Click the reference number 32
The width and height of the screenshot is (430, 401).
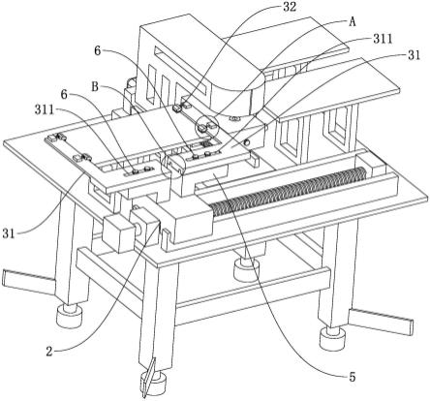[290, 7]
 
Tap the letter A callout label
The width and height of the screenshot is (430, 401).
[353, 22]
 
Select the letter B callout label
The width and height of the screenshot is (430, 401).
[95, 86]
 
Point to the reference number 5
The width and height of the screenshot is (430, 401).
[353, 376]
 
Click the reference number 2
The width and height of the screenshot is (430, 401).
[49, 352]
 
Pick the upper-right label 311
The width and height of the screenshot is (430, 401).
[383, 39]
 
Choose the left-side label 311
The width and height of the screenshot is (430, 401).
[45, 110]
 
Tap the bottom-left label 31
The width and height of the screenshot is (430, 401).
[9, 232]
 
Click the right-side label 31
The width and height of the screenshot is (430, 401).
[415, 55]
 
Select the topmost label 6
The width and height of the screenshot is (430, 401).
[98, 50]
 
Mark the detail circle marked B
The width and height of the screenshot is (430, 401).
[172, 167]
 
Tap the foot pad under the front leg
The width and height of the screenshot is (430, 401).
[153, 383]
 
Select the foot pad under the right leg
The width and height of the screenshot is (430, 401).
[332, 339]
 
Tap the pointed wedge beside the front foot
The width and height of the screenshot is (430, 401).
[148, 377]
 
